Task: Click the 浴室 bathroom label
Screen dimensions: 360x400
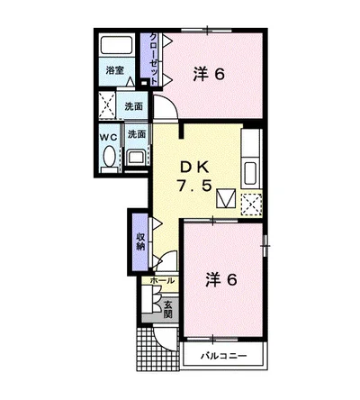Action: tap(115, 71)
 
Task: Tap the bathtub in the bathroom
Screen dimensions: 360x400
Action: tap(116, 45)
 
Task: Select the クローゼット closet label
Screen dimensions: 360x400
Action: tap(153, 59)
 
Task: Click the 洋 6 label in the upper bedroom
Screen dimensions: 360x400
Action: tap(209, 74)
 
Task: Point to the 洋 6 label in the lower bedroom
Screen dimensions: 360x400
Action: tap(221, 279)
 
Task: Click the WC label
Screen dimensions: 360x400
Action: tap(108, 137)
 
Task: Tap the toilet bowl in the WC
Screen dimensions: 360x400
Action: tap(109, 156)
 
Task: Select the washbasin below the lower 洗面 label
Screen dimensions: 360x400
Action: tap(137, 157)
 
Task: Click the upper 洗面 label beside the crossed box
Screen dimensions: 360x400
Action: tap(134, 106)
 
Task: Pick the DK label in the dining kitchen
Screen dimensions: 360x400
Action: tap(194, 168)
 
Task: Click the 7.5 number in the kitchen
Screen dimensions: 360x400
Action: tap(193, 186)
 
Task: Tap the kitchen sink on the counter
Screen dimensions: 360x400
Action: tap(251, 174)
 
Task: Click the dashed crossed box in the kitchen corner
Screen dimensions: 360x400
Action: tap(252, 205)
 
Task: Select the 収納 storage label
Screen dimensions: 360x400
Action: tap(140, 241)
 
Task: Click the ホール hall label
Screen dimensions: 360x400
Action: tap(162, 281)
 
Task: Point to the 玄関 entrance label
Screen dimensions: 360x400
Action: tap(168, 309)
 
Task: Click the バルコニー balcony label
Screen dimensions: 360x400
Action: tap(223, 356)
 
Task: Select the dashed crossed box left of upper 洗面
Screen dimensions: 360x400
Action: tap(107, 105)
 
